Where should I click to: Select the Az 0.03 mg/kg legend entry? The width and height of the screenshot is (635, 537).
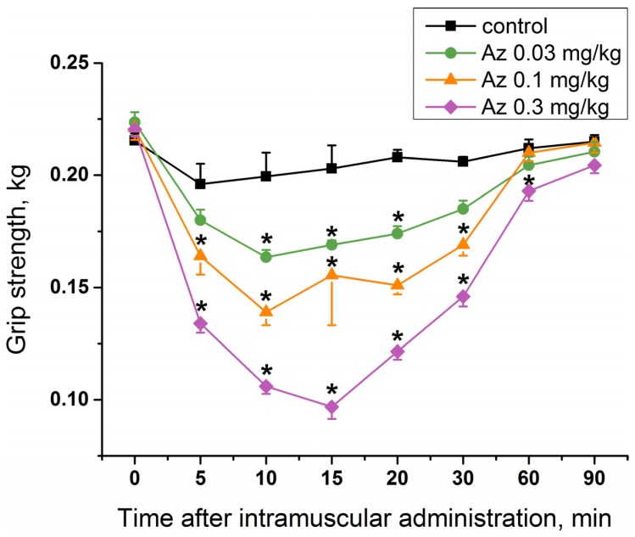tap(529, 56)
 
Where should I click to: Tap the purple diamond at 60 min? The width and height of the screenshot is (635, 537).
tap(528, 191)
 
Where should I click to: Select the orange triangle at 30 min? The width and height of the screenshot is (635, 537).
tap(463, 244)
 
